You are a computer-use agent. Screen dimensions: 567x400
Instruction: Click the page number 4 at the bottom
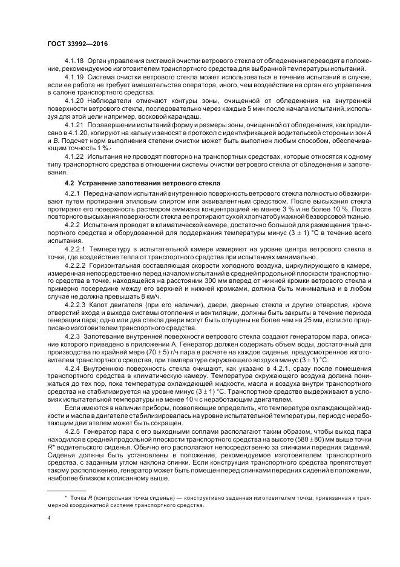click(x=48, y=518)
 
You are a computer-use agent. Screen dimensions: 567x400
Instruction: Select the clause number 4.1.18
click(x=74, y=62)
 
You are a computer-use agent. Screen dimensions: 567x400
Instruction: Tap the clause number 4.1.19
click(x=74, y=78)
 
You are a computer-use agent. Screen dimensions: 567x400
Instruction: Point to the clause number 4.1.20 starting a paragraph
click(x=74, y=101)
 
